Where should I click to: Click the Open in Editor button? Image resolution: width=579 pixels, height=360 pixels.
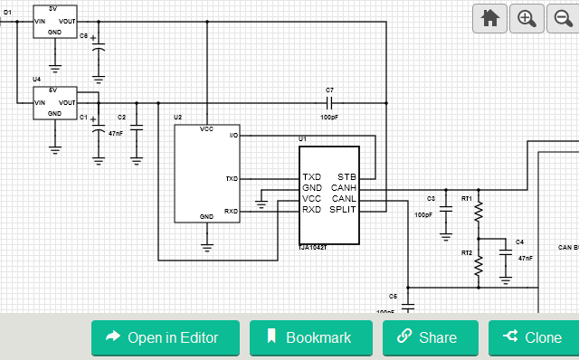pos(165,337)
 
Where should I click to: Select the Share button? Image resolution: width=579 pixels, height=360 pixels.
pos(429,337)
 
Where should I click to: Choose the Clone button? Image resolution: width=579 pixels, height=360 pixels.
pos(534,337)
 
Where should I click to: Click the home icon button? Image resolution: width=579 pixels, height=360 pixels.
pos(490,17)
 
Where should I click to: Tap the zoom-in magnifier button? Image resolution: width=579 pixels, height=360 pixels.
pos(527,17)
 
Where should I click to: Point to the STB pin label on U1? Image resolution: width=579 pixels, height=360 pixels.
pos(346,176)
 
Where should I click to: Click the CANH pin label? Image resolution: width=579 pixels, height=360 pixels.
pos(343,187)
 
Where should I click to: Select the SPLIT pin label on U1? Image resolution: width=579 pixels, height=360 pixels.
pos(343,209)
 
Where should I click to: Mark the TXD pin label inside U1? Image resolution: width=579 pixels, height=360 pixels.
pos(312,176)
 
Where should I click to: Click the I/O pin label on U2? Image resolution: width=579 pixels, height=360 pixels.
pos(233,135)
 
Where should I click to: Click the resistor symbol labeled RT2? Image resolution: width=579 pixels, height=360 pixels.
pos(479,265)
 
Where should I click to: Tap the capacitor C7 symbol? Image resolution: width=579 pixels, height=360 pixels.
pos(329,103)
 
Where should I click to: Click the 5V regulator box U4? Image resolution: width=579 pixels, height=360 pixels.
pos(55,103)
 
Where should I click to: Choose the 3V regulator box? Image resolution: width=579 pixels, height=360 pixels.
pos(55,21)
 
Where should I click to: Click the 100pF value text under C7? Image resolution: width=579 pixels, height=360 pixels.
pos(329,118)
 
